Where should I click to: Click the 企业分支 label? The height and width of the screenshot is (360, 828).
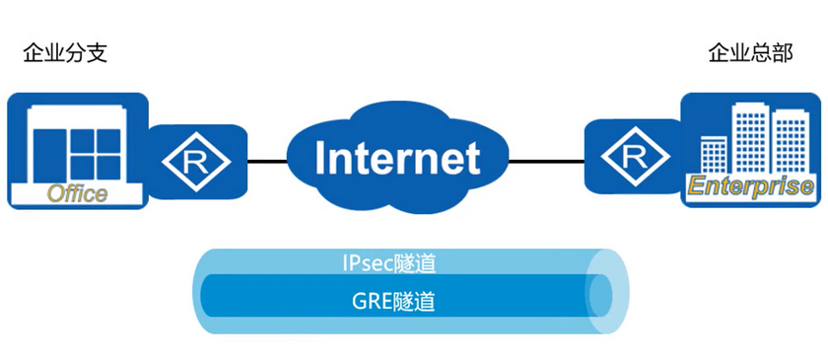point(65,52)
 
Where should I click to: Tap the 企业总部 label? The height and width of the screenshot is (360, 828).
point(750,52)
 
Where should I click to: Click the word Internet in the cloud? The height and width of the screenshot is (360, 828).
point(398,158)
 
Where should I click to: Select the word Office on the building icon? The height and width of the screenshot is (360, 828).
point(78,193)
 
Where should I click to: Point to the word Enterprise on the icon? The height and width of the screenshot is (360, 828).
point(750,186)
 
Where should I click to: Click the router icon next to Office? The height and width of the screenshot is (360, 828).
point(195,158)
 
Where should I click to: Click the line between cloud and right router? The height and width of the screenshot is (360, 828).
point(543,158)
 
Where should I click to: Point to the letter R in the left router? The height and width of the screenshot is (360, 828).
point(195,159)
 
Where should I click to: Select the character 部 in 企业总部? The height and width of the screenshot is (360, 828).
point(782,52)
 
